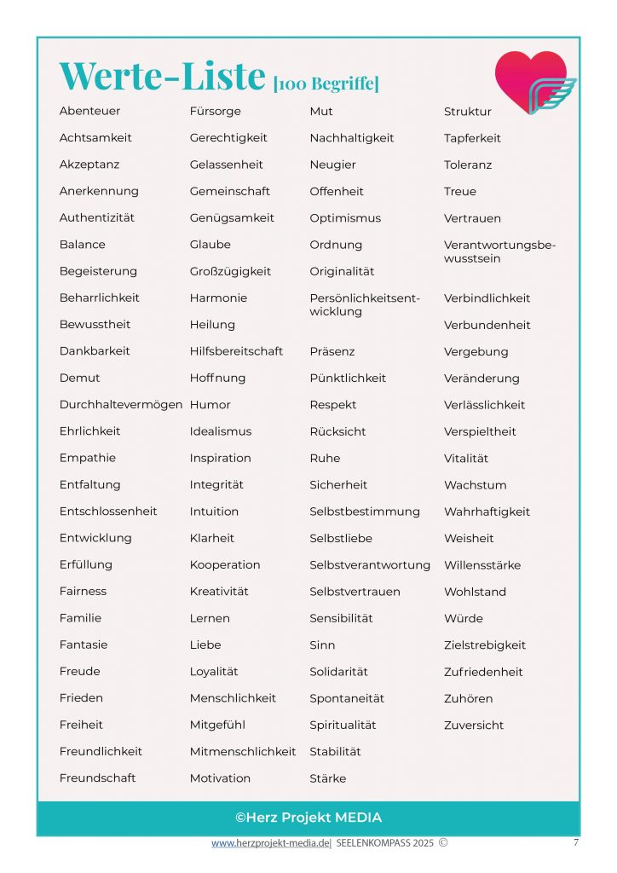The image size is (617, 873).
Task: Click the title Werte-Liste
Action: (162, 77)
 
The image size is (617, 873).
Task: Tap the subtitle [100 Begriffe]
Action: (326, 84)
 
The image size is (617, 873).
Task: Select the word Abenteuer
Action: (89, 111)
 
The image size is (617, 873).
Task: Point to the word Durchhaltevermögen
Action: (120, 405)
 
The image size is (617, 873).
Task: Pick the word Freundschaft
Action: (97, 778)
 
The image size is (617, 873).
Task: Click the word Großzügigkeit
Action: (230, 271)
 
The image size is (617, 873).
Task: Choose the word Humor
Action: (210, 404)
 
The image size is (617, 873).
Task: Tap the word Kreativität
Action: (219, 592)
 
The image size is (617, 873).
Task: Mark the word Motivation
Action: (220, 778)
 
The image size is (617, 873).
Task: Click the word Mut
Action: (321, 111)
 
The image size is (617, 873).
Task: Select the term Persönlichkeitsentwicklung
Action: (365, 305)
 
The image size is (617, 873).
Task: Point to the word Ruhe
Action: (325, 458)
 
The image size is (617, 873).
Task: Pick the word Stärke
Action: (327, 778)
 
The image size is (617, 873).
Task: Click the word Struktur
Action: (467, 111)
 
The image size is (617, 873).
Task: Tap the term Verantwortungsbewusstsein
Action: (499, 251)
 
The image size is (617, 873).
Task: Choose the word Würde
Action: (463, 618)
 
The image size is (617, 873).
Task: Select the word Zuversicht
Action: (474, 725)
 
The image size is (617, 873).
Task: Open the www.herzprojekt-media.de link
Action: (270, 843)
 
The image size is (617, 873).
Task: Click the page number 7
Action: (575, 842)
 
